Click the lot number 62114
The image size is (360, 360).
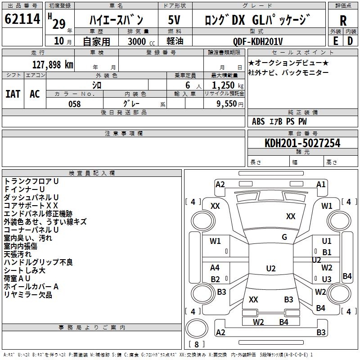tap(22, 19)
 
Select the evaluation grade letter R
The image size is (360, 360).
tap(343, 21)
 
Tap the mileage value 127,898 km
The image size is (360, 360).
tap(53, 65)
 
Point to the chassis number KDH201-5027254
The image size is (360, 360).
tap(302, 143)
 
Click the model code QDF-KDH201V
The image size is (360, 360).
tap(257, 41)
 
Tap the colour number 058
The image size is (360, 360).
tap(74, 104)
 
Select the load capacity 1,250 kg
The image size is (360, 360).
tap(228, 85)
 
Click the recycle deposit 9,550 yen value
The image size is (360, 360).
tap(230, 104)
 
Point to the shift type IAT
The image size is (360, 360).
tap(13, 94)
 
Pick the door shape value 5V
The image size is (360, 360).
tap(174, 20)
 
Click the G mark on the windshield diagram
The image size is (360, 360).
tap(284, 237)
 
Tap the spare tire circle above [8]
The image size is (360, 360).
tap(197, 328)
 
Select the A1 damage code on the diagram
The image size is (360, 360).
tap(321, 184)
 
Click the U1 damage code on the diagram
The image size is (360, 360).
tap(327, 241)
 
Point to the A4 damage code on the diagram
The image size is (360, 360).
tap(215, 267)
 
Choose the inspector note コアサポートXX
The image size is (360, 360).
tap(31, 206)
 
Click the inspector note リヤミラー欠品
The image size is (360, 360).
tap(28, 295)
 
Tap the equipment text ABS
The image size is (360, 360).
tap(258, 121)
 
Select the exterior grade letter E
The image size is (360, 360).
tap(335, 41)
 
